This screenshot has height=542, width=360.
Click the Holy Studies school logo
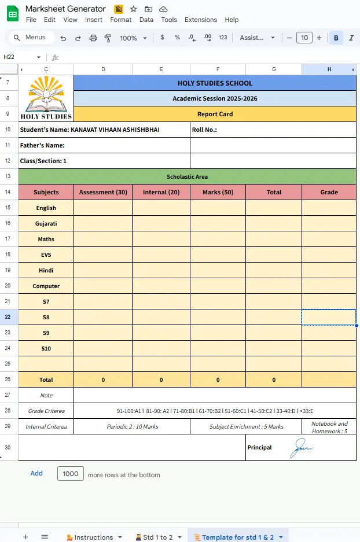[x=46, y=98]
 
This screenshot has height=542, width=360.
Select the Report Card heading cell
[x=215, y=114]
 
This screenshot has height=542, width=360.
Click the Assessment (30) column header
[x=103, y=192]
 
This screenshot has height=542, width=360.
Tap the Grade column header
[x=329, y=192]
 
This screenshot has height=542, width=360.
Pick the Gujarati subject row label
[x=46, y=223]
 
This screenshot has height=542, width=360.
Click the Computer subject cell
[x=46, y=286]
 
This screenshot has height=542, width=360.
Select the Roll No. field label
[x=204, y=130]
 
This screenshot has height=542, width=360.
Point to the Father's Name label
[x=42, y=145]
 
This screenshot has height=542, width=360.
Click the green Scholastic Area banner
[x=187, y=176]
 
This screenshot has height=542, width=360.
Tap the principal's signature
[x=302, y=447]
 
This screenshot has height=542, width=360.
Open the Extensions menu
[x=200, y=20]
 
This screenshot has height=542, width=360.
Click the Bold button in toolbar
[x=336, y=38]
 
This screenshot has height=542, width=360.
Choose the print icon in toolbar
[x=93, y=38]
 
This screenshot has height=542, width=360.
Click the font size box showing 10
[x=304, y=38]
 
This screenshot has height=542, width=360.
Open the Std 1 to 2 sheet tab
[x=157, y=537]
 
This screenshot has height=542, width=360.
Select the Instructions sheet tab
[x=93, y=537]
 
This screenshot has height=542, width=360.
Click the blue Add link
[x=36, y=473]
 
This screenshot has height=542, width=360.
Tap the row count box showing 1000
[x=71, y=474]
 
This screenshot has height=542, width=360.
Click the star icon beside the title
[x=134, y=9]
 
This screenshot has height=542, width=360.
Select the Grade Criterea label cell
[x=46, y=411]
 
